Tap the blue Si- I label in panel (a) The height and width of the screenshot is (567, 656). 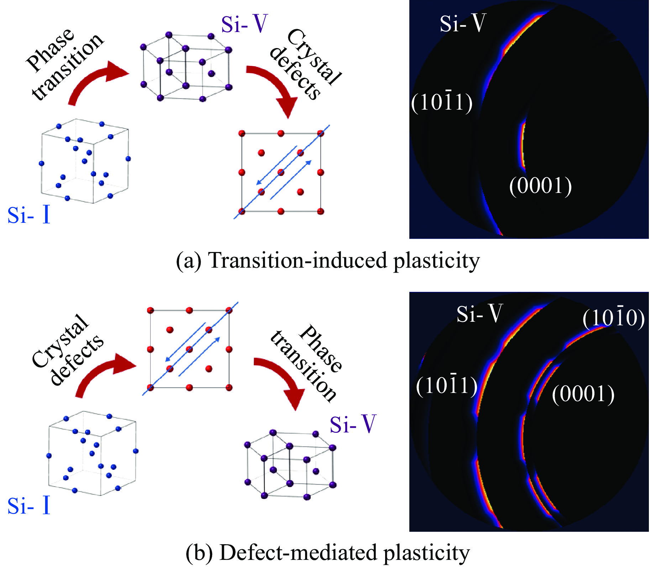pos(28,215)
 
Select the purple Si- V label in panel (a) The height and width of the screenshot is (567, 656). pos(244,24)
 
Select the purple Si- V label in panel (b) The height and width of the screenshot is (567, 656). pos(352,424)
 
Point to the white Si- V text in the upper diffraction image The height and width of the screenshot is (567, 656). pos(462,23)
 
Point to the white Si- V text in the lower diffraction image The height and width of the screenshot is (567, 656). pos(479,314)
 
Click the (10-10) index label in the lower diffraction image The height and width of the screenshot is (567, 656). pos(613,317)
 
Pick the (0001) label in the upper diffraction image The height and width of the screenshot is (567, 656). pos(540,185)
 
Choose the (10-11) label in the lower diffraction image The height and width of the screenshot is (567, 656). pos(446,385)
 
